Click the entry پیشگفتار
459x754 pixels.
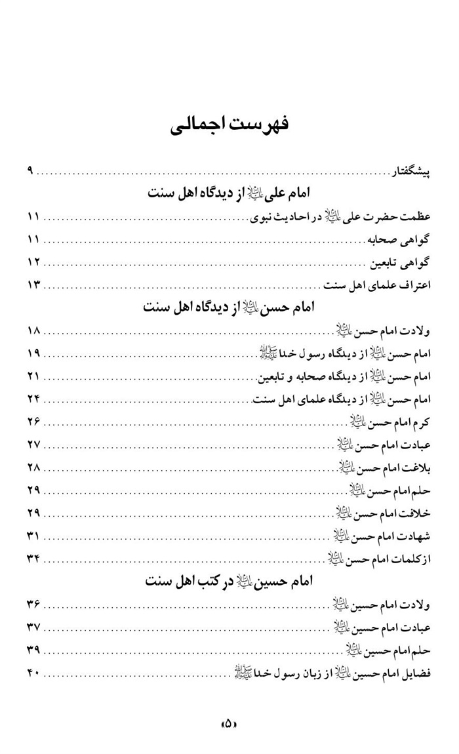point(410,171)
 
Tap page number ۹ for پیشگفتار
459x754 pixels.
point(30,171)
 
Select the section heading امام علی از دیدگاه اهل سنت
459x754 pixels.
point(228,193)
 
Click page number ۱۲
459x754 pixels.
point(33,262)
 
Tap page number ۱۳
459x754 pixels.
point(33,285)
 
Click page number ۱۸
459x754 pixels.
point(33,330)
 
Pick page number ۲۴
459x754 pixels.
point(33,399)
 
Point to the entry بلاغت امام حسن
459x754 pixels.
point(384,467)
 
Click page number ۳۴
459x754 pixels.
point(33,559)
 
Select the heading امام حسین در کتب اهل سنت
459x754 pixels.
point(228,581)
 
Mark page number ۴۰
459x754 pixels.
point(33,673)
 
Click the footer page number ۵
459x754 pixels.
point(228,724)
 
